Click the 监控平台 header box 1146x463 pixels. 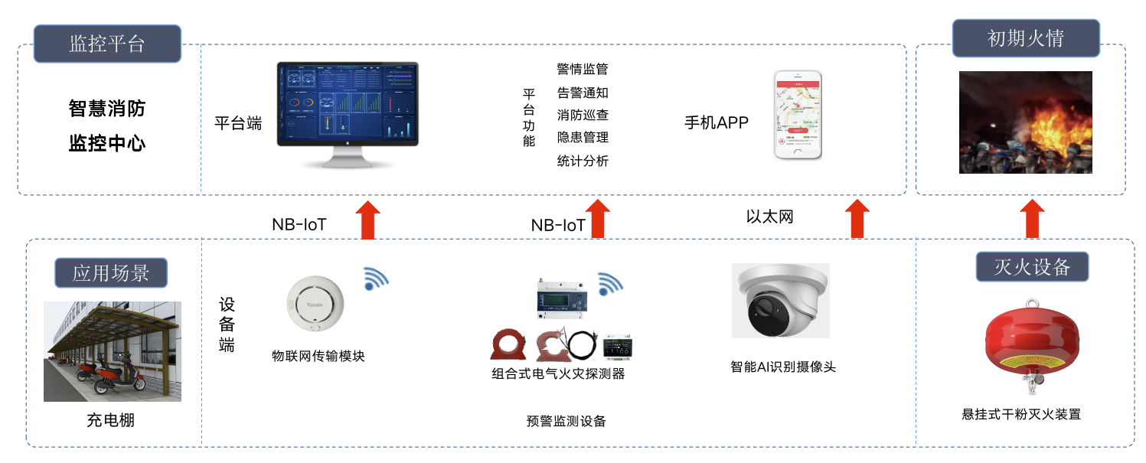pyautogui.click(x=107, y=44)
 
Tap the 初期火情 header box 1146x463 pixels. pyautogui.click(x=1025, y=38)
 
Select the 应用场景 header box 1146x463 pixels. pyautogui.click(x=111, y=273)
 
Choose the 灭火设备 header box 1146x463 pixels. pyautogui.click(x=1031, y=266)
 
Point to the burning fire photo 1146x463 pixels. pyautogui.click(x=1025, y=122)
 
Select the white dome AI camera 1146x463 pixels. pyautogui.click(x=780, y=300)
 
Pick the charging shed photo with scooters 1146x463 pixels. pyautogui.click(x=113, y=351)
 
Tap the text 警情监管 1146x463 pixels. pyautogui.click(x=582, y=70)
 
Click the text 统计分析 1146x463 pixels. pyautogui.click(x=582, y=161)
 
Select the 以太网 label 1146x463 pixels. pyautogui.click(x=769, y=217)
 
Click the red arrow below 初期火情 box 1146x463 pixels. pyautogui.click(x=1033, y=219)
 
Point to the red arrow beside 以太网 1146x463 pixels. pyautogui.click(x=857, y=219)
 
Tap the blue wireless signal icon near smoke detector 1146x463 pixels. pyautogui.click(x=375, y=279)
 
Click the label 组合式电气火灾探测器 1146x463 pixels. pyautogui.click(x=558, y=373)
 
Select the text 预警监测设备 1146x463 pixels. pyautogui.click(x=566, y=421)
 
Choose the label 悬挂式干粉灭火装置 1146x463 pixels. pyautogui.click(x=1021, y=415)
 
